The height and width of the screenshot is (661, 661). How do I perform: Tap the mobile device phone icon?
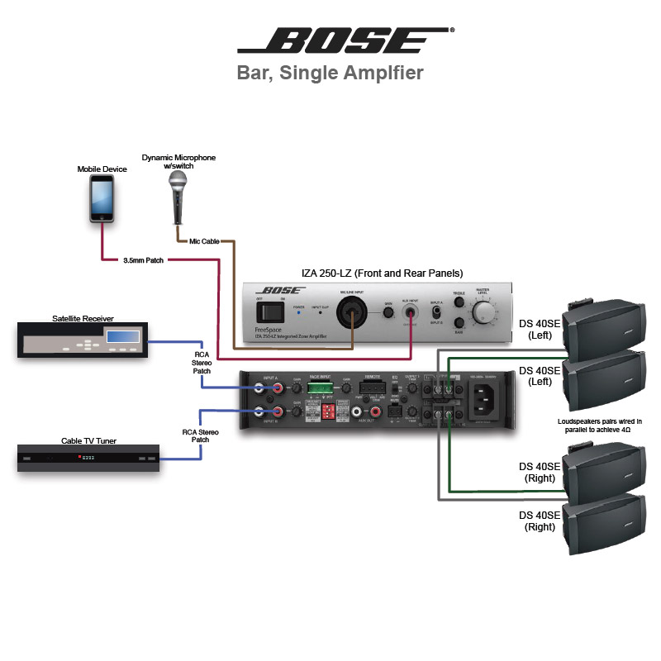click(102, 198)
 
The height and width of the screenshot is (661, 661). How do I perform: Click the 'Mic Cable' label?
click(204, 241)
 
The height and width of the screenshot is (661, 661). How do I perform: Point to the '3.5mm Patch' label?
click(143, 260)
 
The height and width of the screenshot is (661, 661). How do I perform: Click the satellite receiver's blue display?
click(121, 335)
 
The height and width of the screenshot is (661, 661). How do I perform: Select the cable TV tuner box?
click(88, 458)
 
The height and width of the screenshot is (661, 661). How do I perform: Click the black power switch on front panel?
click(267, 311)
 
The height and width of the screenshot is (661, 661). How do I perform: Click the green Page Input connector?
click(320, 389)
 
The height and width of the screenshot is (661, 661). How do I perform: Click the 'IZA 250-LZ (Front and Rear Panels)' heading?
click(380, 273)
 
